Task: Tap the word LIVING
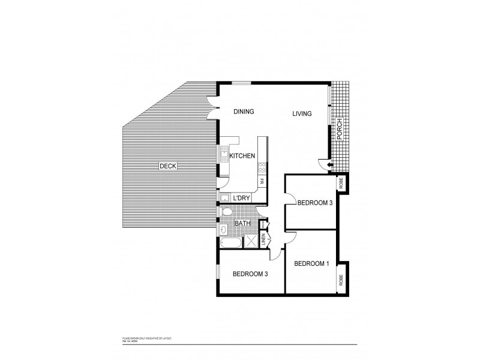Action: pos(302,114)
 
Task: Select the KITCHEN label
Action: pos(242,156)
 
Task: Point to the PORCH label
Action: pos(339,128)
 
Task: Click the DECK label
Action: pos(167,166)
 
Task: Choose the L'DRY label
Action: pos(241,198)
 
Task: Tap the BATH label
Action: pos(242,224)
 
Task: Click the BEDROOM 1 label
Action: pos(311,264)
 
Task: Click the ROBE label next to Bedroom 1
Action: pos(341,279)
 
